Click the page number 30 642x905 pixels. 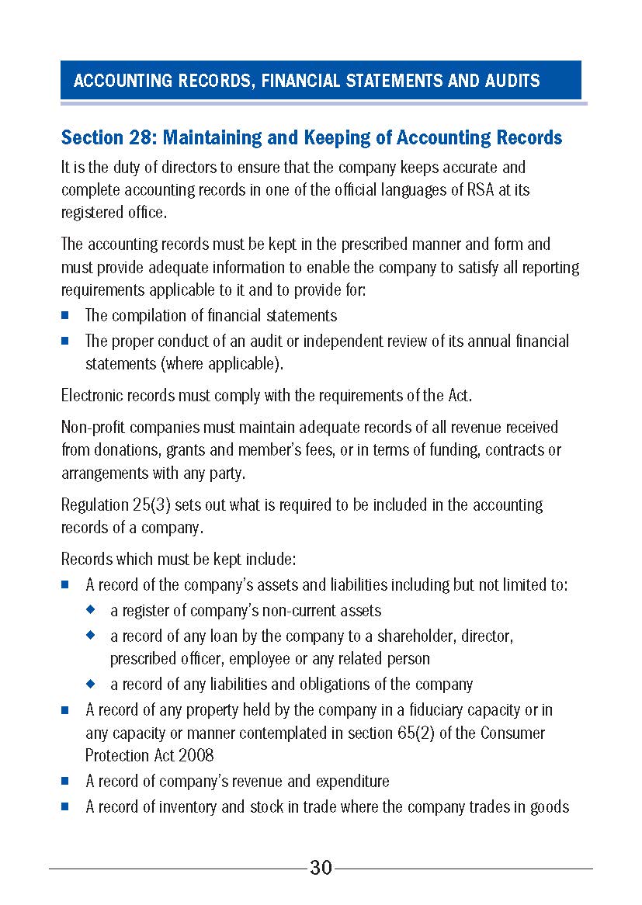tap(321, 868)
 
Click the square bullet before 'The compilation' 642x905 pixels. tap(66, 316)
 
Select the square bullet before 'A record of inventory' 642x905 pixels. tap(66, 806)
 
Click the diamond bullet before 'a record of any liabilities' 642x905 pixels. tap(91, 684)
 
